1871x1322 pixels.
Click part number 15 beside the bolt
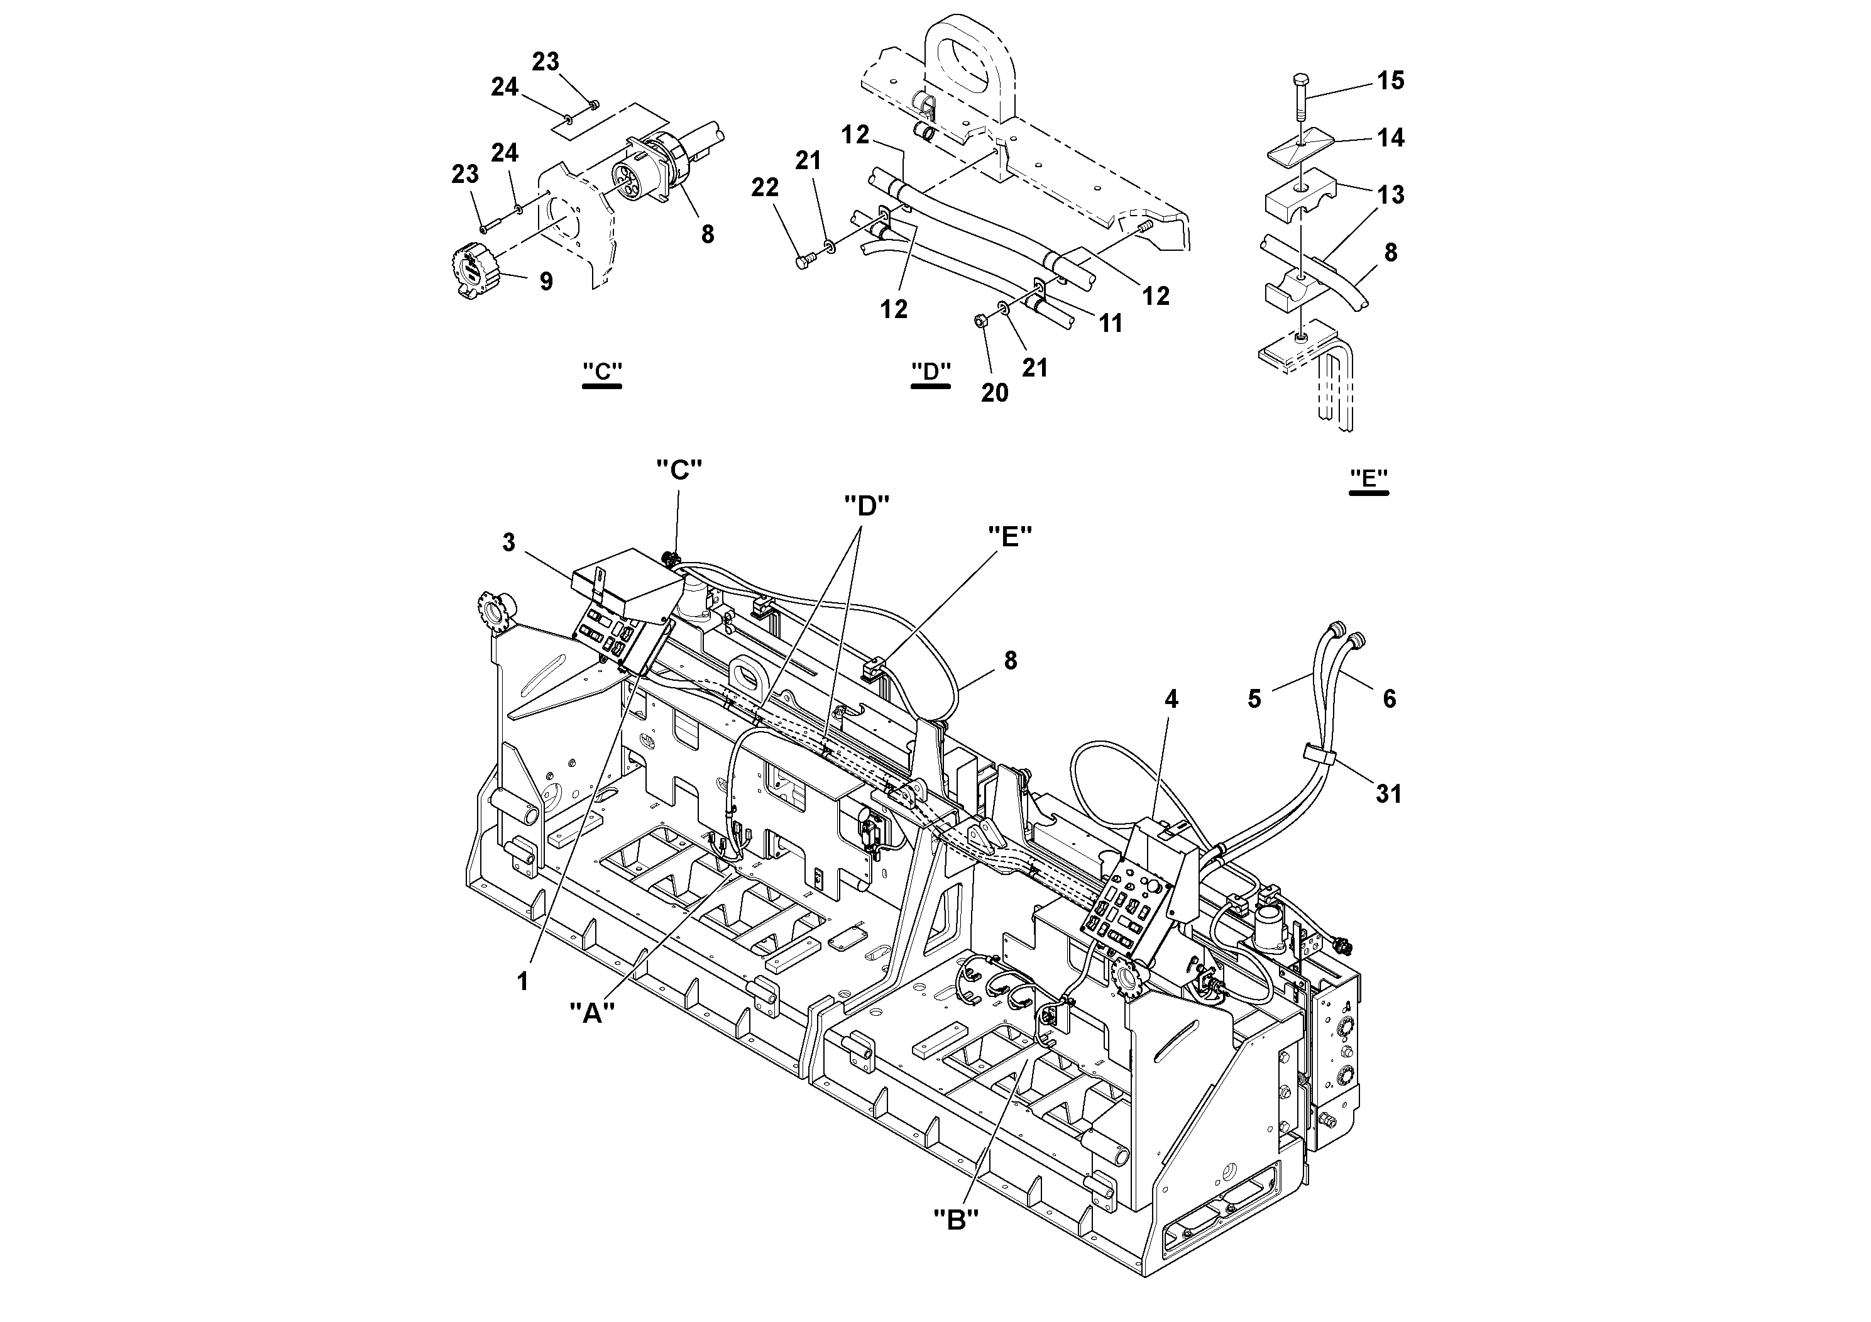point(1390,80)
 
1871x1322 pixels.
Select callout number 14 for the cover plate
point(1390,138)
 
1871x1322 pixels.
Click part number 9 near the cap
point(545,282)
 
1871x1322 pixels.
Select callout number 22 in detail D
point(764,189)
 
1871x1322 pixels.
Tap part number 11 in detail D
point(1110,324)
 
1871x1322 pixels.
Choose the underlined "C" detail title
point(602,372)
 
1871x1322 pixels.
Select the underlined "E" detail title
point(1368,478)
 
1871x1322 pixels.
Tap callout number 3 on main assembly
point(508,543)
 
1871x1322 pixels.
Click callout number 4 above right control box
point(1171,699)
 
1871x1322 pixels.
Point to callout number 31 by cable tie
point(1388,793)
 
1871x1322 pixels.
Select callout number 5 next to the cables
point(1254,698)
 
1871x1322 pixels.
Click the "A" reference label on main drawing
point(591,1013)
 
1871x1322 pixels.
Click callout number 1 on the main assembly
point(523,981)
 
